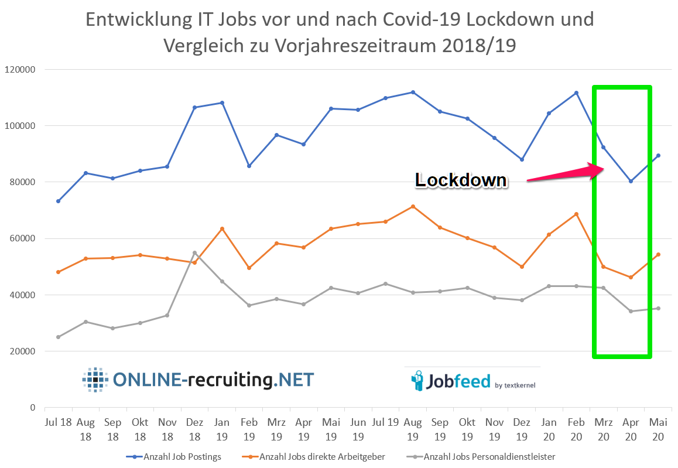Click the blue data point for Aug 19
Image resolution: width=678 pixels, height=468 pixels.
413,92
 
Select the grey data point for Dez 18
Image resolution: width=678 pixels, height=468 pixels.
194,252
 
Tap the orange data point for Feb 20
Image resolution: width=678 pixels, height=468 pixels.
576,214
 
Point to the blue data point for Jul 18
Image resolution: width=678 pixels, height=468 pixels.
58,201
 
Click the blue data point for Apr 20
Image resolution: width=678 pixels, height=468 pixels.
631,181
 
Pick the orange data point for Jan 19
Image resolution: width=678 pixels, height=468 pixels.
222,228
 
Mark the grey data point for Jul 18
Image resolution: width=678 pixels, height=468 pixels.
58,337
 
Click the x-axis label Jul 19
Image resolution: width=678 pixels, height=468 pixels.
385,422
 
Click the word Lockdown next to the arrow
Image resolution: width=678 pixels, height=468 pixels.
461,180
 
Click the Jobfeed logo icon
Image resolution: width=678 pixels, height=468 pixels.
417,380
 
